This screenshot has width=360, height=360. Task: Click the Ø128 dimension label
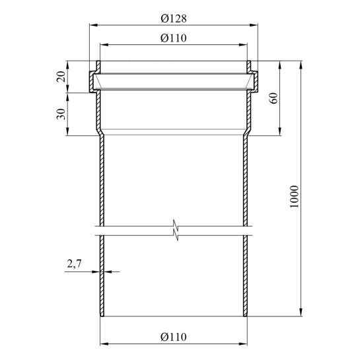coord(174,18)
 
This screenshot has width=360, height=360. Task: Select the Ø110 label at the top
coord(174,38)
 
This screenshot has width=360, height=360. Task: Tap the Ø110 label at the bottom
coord(174,337)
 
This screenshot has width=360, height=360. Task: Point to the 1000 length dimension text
coord(295,197)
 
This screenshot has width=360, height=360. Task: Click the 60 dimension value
coord(273,98)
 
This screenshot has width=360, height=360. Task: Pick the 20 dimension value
coord(61,77)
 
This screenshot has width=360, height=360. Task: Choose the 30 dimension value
coord(61,114)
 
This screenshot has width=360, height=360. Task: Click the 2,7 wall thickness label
coord(74,264)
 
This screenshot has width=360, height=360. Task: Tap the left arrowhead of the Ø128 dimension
coord(93,25)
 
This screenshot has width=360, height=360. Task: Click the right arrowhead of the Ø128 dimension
coord(254,25)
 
